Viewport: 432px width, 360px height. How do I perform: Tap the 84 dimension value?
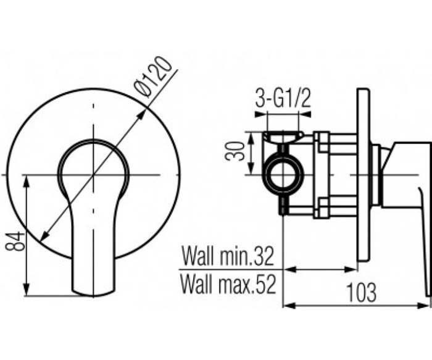tap(15, 241)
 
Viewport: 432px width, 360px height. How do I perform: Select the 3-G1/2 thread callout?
tap(283, 98)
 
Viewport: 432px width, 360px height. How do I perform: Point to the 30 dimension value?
tap(235, 151)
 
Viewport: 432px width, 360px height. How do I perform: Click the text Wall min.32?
tap(228, 256)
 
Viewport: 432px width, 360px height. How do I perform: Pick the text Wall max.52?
tap(228, 284)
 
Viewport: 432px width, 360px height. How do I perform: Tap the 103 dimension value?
tap(361, 293)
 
